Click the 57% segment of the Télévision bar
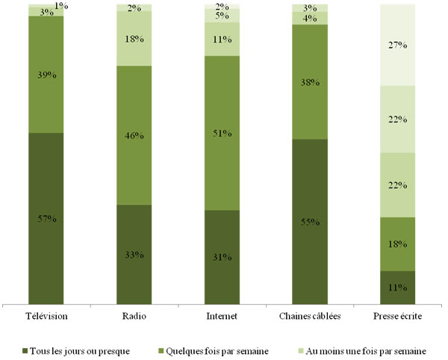pyautogui.click(x=46, y=218)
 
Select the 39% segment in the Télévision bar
pyautogui.click(x=46, y=74)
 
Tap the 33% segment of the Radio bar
pyautogui.click(x=134, y=254)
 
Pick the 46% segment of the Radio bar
pyautogui.click(x=134, y=135)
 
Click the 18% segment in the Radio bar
pyautogui.click(x=134, y=38)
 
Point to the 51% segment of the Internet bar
pyautogui.click(x=222, y=133)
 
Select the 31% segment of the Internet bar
pyautogui.click(x=222, y=257)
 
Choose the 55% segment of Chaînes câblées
pyautogui.click(x=310, y=222)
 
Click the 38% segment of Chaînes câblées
pyautogui.click(x=310, y=82)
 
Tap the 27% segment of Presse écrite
pyautogui.click(x=398, y=45)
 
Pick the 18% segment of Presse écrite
pyautogui.click(x=398, y=244)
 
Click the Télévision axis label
pyautogui.click(x=46, y=316)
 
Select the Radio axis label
pyautogui.click(x=134, y=316)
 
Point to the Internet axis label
pyautogui.click(x=222, y=316)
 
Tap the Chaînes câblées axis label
pyautogui.click(x=310, y=316)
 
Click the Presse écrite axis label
pyautogui.click(x=398, y=316)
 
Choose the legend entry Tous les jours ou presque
pyautogui.click(x=75, y=349)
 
